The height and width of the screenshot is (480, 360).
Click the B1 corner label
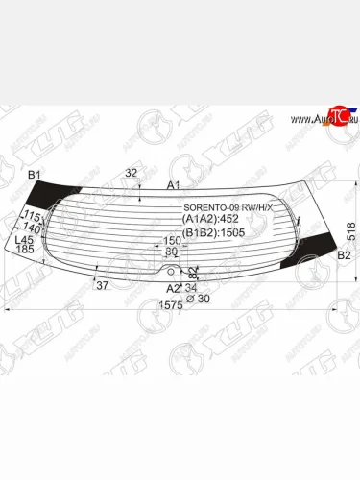coord(36,174)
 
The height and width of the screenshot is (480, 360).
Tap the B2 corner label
coord(344,255)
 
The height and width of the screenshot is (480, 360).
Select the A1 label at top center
coord(174,185)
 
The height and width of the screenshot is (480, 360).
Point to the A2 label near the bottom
coord(174,288)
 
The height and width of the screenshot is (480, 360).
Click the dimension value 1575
coord(170,305)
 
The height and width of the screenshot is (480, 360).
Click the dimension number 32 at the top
coord(132,173)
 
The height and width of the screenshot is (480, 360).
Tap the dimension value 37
coord(103,284)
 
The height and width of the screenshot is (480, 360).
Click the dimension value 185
coord(24,250)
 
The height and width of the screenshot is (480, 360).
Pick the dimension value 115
coord(32,217)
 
